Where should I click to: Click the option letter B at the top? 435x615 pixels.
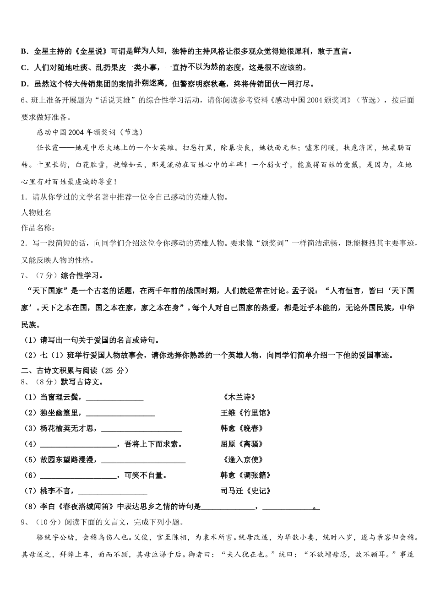tap(24, 52)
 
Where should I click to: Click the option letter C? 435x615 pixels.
tap(24, 68)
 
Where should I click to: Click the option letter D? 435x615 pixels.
tap(24, 84)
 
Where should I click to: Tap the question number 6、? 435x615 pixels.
tap(26, 100)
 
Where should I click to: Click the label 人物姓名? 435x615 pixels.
tap(36, 212)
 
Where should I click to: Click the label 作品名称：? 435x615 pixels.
tap(38, 228)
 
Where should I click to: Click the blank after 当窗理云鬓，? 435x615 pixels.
tap(114, 398)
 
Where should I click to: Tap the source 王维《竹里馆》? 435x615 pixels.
tap(246, 413)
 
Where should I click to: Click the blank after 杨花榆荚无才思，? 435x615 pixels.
tap(141, 429)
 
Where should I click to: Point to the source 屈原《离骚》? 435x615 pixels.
tap(242, 444)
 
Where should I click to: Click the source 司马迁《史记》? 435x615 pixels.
tap(246, 491)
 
